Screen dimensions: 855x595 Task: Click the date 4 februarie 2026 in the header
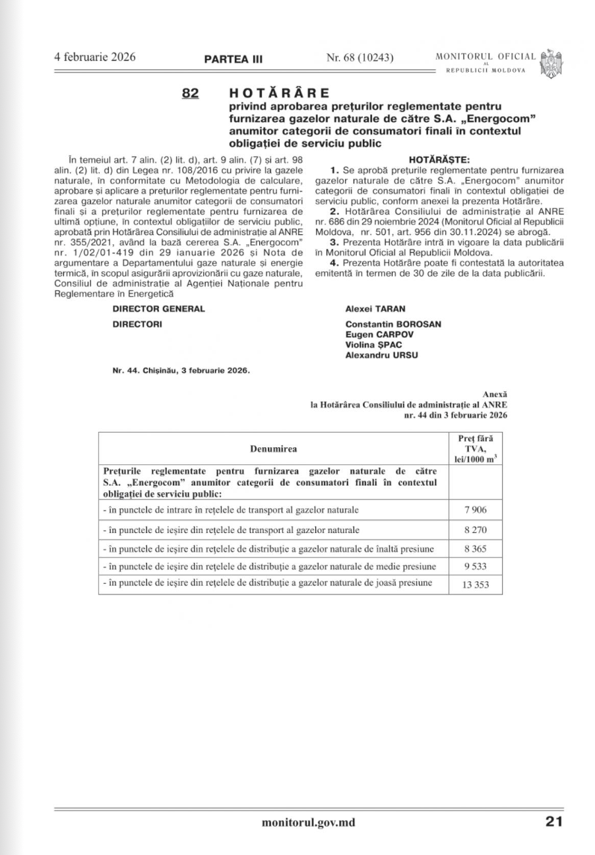[95, 57]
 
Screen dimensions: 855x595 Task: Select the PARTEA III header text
[233, 59]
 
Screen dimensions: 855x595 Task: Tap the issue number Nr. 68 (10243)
[360, 58]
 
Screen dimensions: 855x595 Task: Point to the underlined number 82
[190, 94]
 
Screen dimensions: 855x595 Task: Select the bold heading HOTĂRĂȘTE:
[439, 160]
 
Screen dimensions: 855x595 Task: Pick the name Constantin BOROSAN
[393, 325]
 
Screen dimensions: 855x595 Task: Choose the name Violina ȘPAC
[373, 345]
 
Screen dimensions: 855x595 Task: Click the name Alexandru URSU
[381, 356]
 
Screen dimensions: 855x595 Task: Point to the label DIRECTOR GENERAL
[158, 309]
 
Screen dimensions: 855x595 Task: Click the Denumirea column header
[273, 449]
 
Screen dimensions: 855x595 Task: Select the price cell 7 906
[476, 510]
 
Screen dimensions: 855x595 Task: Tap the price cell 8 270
[476, 529]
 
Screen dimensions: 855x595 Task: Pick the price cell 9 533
[476, 566]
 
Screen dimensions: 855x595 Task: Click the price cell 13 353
[476, 585]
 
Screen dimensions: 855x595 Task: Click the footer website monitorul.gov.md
[308, 822]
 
